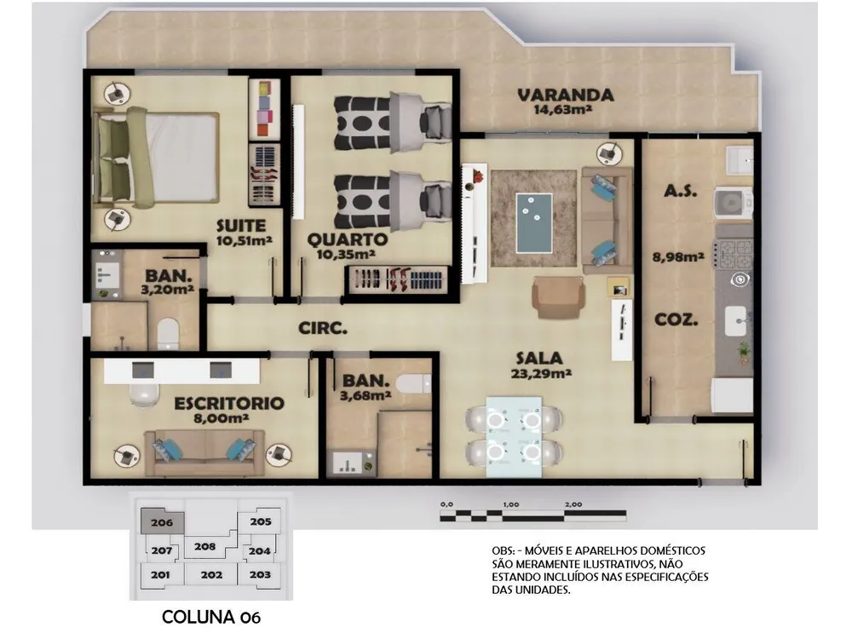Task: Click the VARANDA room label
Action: [565, 95]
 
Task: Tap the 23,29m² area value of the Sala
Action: [541, 373]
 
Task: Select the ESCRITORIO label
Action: [228, 403]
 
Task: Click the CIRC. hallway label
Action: [323, 328]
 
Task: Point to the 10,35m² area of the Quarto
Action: [347, 253]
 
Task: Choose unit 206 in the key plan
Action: [162, 521]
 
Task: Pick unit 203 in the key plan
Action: [260, 574]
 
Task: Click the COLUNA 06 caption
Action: [211, 617]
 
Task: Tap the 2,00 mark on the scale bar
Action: [573, 504]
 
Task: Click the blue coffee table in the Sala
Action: [534, 222]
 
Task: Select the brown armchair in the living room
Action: [559, 296]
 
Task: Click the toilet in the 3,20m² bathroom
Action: [168, 333]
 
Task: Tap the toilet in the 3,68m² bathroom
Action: [413, 383]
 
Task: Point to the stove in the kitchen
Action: [734, 254]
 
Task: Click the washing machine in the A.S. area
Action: [734, 204]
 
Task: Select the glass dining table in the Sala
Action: [514, 437]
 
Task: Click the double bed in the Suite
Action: [156, 158]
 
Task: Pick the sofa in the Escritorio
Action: [204, 452]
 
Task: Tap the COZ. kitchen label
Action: [676, 319]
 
